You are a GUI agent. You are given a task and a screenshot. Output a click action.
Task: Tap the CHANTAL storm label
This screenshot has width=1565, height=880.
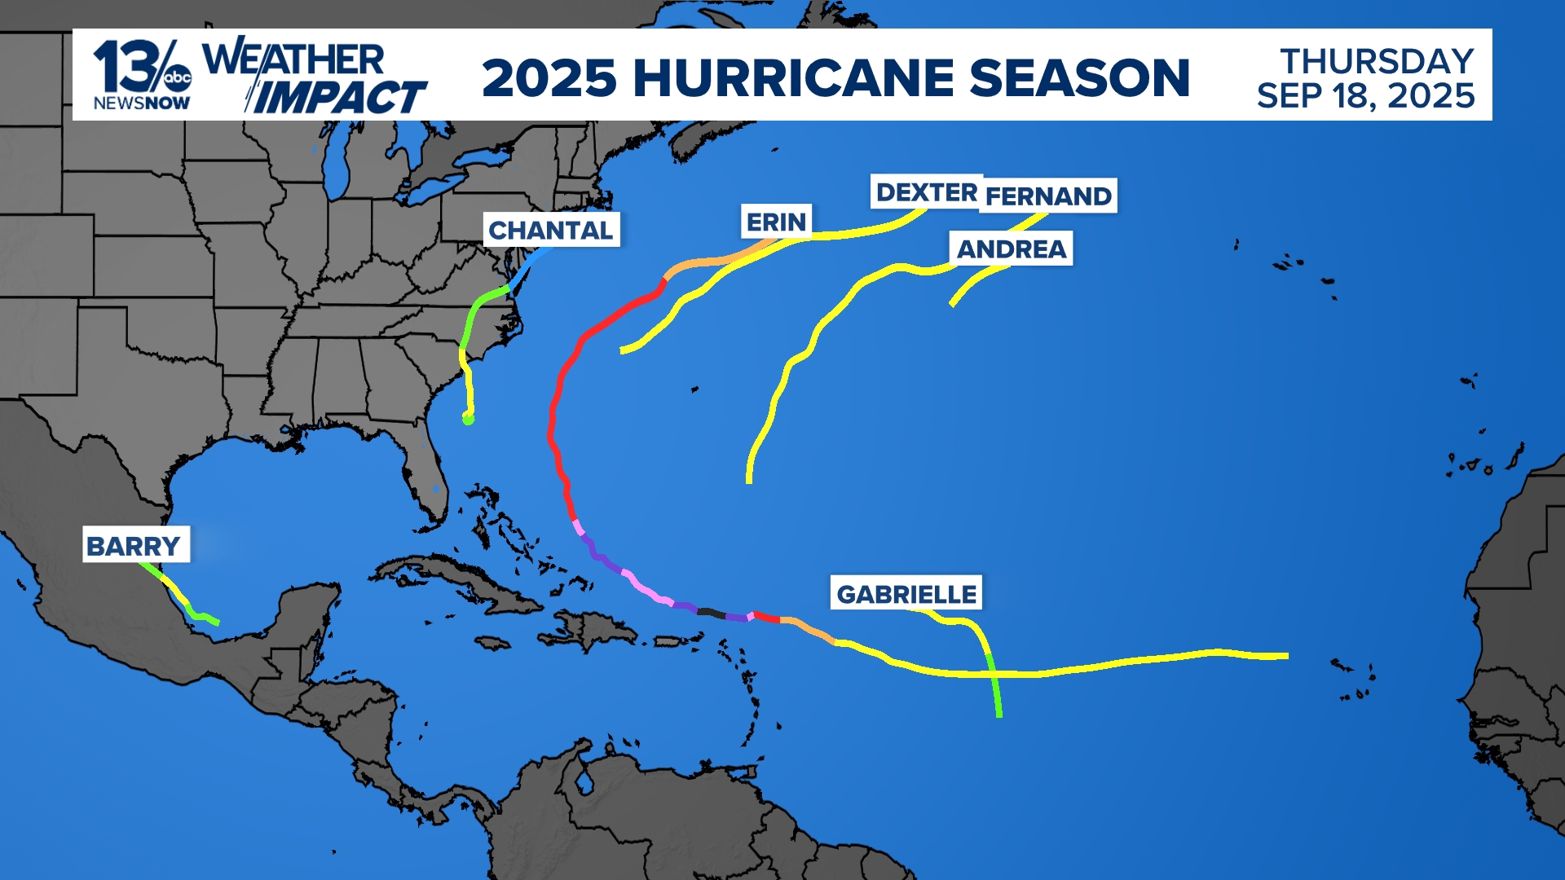click(x=551, y=230)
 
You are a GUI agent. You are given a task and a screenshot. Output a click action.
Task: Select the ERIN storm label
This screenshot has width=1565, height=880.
click(x=776, y=222)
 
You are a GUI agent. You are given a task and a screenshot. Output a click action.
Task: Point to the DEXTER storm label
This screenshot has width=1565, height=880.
click(x=926, y=192)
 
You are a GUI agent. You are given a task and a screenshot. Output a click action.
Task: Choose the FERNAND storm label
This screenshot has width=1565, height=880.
click(x=1048, y=196)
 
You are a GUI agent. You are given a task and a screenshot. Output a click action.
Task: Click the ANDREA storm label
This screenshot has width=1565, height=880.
click(x=1011, y=249)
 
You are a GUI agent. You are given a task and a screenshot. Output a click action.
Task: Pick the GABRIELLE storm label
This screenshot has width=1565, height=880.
click(x=906, y=594)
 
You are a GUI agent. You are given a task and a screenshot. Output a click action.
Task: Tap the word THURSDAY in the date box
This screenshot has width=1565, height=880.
click(x=1376, y=61)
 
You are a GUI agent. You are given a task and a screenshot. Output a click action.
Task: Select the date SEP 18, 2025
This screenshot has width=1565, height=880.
click(x=1365, y=96)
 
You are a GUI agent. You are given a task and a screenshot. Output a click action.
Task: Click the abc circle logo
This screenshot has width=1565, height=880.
click(x=178, y=78)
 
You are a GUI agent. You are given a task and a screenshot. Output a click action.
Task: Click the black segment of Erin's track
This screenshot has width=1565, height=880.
click(x=711, y=612)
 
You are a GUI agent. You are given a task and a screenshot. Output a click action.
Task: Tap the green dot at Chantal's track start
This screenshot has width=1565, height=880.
click(x=468, y=420)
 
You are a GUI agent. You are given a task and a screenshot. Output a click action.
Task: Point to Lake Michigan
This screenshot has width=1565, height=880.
click(x=336, y=167)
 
